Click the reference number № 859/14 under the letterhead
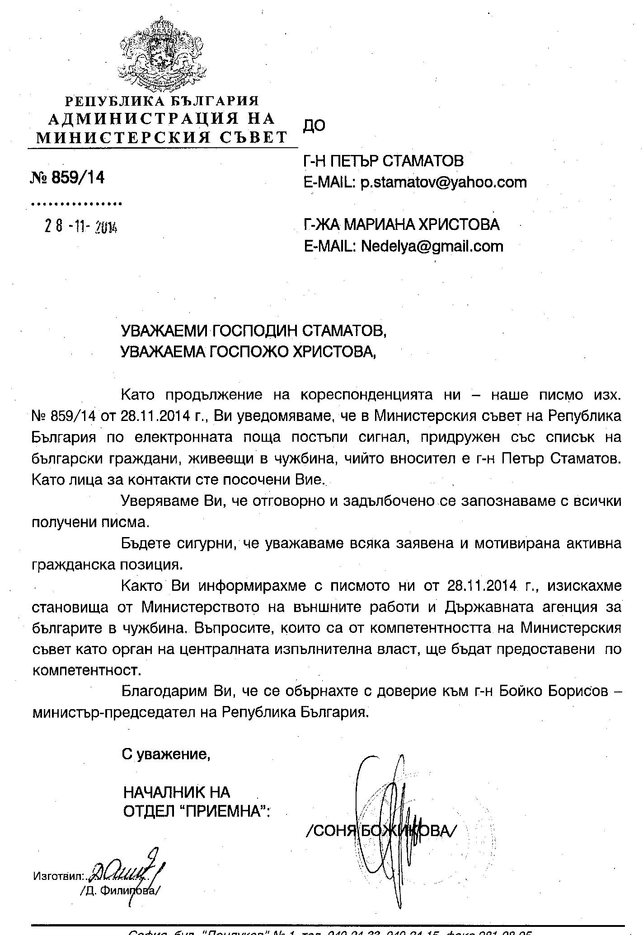coord(67,178)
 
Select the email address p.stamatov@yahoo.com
coord(443,182)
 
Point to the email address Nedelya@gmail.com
coord(432,246)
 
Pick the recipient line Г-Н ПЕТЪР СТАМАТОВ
coord(384,161)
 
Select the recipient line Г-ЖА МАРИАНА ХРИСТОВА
coord(402,224)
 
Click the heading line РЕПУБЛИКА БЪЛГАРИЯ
coord(162,101)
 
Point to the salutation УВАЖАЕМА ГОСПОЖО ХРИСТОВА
coord(248,351)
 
